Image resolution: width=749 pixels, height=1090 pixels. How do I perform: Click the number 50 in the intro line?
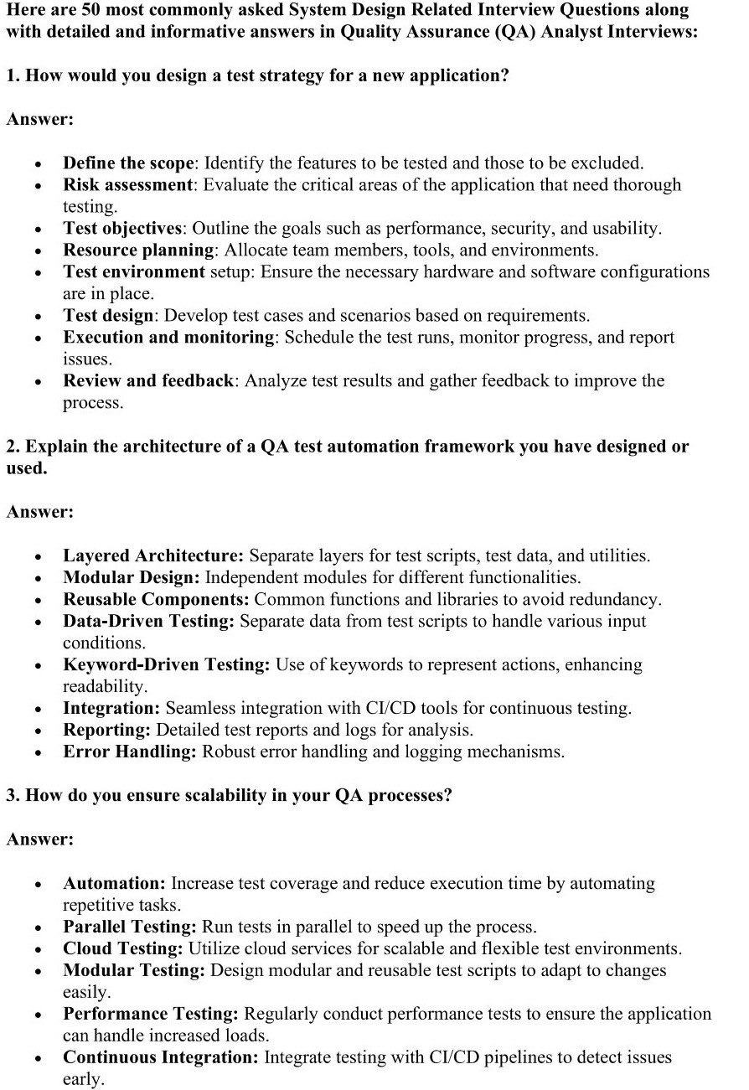[x=87, y=11]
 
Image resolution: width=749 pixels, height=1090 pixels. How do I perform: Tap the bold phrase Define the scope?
[x=128, y=163]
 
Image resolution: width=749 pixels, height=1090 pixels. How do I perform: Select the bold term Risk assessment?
[x=127, y=184]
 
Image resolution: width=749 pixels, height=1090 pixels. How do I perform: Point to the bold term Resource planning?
[x=138, y=250]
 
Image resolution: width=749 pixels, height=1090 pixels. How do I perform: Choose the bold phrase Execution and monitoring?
[x=168, y=337]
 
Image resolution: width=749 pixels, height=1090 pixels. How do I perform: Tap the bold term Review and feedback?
[x=147, y=380]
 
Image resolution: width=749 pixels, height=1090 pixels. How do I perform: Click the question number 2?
[x=12, y=447]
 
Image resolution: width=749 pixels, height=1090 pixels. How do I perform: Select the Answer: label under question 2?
[x=40, y=511]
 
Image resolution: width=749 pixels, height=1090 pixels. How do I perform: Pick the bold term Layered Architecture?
[x=153, y=555]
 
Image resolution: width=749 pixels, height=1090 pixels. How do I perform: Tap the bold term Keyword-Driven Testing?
[x=166, y=664]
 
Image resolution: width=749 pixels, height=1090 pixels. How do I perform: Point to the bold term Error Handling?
[x=129, y=752]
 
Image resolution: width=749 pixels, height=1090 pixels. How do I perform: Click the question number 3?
[x=12, y=795]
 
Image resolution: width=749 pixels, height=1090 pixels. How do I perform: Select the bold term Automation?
[x=114, y=883]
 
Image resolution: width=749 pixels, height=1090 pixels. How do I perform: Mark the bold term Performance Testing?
[x=151, y=1014]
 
